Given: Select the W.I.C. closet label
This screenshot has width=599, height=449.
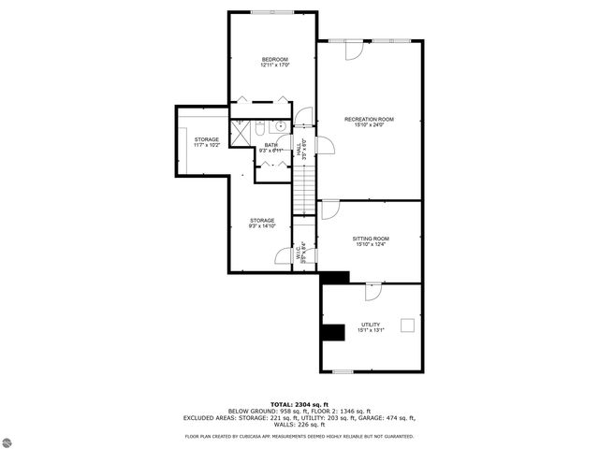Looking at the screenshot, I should [300, 251].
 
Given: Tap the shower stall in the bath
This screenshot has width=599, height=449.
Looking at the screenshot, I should [241, 132].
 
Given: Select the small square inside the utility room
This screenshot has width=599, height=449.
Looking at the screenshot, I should [407, 325].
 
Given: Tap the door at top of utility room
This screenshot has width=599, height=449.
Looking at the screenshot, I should [373, 291].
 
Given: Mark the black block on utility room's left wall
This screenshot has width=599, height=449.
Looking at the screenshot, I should [332, 332].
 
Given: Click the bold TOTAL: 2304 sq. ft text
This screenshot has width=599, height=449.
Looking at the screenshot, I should [299, 402].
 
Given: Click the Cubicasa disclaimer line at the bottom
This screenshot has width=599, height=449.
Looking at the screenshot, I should [299, 436].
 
